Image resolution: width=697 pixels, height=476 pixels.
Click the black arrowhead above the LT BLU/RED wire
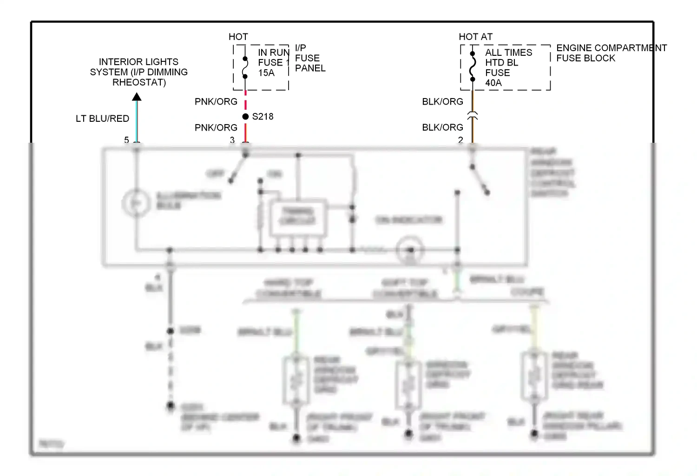pyautogui.click(x=137, y=97)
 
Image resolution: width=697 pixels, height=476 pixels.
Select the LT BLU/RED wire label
pyautogui.click(x=102, y=119)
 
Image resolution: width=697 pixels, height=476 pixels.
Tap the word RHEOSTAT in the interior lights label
pyautogui.click(x=139, y=82)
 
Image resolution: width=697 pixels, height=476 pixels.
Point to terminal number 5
pyautogui.click(x=126, y=139)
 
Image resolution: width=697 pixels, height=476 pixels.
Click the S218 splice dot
pyautogui.click(x=245, y=117)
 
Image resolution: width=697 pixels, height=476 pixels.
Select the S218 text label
pyautogui.click(x=263, y=117)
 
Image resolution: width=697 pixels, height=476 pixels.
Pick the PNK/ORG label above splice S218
pyautogui.click(x=216, y=101)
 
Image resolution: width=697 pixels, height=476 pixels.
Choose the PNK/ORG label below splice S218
pyautogui.click(x=216, y=127)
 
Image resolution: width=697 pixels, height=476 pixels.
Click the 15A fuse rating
pyautogui.click(x=266, y=73)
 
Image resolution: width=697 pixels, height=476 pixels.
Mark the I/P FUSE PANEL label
pyautogui.click(x=310, y=58)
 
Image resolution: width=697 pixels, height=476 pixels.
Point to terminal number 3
pyautogui.click(x=232, y=139)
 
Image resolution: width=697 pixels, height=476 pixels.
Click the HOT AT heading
pyautogui.click(x=475, y=37)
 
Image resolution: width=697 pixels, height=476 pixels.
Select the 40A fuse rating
pyautogui.click(x=493, y=83)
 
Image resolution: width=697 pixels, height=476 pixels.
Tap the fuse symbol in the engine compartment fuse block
pyautogui.click(x=473, y=66)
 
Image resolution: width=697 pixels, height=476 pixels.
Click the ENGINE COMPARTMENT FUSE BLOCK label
pyautogui.click(x=611, y=53)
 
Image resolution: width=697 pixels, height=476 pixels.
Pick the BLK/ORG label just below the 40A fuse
pyautogui.click(x=442, y=101)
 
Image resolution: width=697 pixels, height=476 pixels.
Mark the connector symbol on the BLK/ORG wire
pyautogui.click(x=473, y=116)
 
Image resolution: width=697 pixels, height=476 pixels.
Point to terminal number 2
pyautogui.click(x=460, y=139)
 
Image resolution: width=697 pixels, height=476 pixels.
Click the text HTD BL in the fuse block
pyautogui.click(x=501, y=63)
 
